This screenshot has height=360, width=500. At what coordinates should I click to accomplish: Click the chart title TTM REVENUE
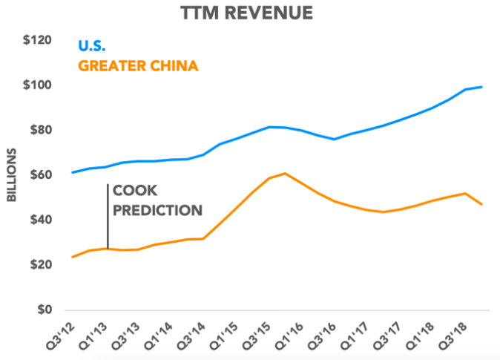point(249,13)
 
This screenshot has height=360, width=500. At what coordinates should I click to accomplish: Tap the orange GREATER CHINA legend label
point(138,67)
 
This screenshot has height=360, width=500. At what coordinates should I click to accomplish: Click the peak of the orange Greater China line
point(286,173)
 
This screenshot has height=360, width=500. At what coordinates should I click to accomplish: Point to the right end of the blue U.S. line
point(482,87)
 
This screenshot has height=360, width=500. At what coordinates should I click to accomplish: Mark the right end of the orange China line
point(482,204)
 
